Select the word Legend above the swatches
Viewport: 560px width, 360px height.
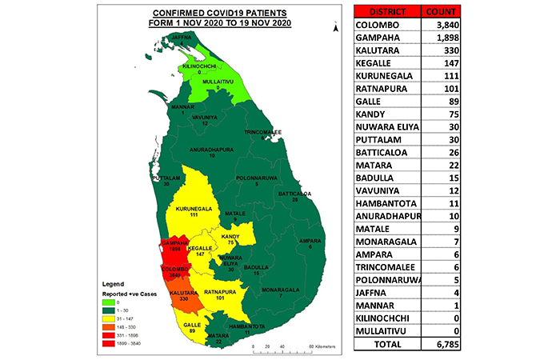click(112, 283)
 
